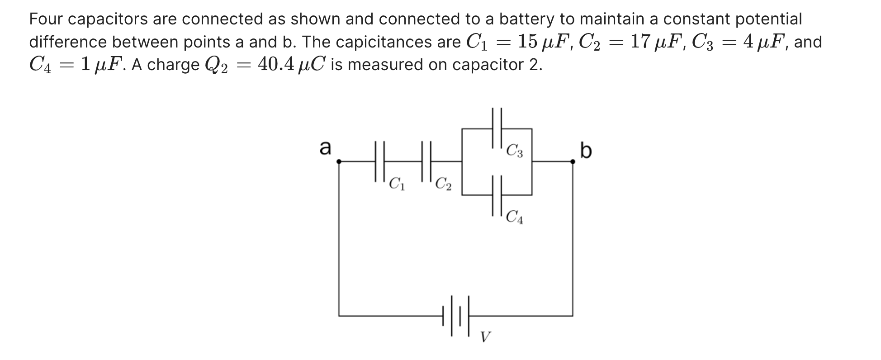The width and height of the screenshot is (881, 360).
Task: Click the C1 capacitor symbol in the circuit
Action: coord(380,161)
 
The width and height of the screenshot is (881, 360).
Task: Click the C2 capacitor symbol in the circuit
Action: coord(426,161)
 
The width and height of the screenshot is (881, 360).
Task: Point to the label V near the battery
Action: coord(485,337)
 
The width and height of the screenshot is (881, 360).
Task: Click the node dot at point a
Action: coord(339,161)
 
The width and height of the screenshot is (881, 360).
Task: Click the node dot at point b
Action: coord(573,161)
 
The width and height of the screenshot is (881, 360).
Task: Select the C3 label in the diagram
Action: coord(515,151)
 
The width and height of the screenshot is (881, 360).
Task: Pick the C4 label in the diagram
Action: coord(515,218)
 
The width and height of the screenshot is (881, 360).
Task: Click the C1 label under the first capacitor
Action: coord(397,184)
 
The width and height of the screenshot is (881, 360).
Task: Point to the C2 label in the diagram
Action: coord(443,184)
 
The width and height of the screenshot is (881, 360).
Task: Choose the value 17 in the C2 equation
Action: coord(639,42)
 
